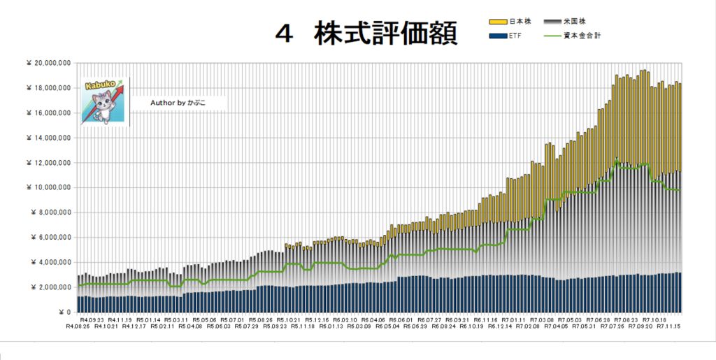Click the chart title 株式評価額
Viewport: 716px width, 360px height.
click(x=386, y=33)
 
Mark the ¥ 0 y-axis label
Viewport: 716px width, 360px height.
click(x=63, y=312)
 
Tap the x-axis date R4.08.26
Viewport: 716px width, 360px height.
click(x=78, y=326)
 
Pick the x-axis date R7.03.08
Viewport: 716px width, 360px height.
click(x=540, y=319)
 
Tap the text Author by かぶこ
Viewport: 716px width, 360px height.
click(x=178, y=103)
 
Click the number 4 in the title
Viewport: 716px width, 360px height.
click(x=283, y=34)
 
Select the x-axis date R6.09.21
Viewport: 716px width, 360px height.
click(x=459, y=319)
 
